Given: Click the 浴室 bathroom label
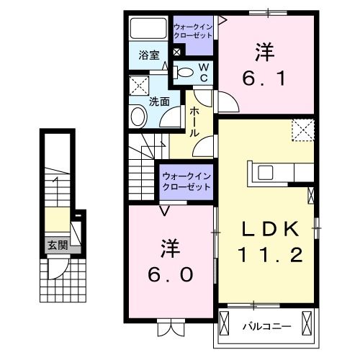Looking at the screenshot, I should [148, 54].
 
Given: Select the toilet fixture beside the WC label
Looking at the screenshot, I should [185, 71].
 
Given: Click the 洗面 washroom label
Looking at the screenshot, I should [159, 102].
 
